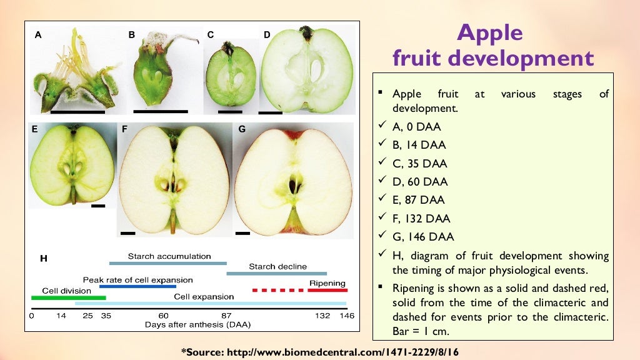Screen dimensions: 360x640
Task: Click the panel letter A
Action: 38,36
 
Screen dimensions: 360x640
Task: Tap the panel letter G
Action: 242,130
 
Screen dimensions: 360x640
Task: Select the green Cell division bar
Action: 69,298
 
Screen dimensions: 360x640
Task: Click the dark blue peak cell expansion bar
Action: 137,286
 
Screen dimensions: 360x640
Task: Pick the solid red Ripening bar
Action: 327,290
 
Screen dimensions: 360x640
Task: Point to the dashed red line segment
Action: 277,290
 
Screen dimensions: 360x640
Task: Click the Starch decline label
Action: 277,266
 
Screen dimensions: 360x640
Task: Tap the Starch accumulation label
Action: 169,256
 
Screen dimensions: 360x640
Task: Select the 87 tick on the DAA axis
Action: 226,316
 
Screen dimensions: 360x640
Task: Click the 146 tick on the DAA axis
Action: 346,316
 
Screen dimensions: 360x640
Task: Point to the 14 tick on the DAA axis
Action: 61,316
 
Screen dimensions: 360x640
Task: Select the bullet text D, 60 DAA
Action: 420,182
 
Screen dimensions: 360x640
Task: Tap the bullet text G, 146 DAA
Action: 423,237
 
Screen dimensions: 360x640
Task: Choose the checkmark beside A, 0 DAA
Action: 381,127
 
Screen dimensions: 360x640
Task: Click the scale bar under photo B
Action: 161,111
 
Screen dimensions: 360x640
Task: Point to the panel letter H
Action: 44,257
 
